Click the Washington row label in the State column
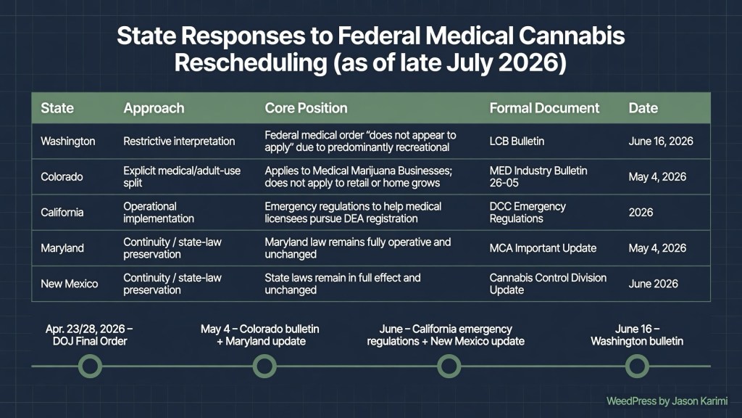[x=67, y=142]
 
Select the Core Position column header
[x=306, y=108]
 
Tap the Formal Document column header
[x=544, y=108]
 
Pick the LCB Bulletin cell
[x=517, y=142]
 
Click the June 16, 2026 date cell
[x=661, y=142]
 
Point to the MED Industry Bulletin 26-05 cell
[x=538, y=177]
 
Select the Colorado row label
[x=62, y=177]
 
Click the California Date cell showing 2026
[x=641, y=213]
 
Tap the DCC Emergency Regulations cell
[x=528, y=213]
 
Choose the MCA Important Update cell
[x=543, y=248]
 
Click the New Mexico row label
[x=69, y=284]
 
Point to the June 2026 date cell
[x=653, y=284]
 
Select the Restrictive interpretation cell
[x=179, y=142]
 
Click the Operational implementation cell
[x=159, y=213]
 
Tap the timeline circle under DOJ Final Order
[x=90, y=366]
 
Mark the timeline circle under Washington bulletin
[x=637, y=366]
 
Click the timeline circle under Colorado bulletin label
[x=264, y=366]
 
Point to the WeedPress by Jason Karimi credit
[x=667, y=401]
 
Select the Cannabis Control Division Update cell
[x=548, y=284]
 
